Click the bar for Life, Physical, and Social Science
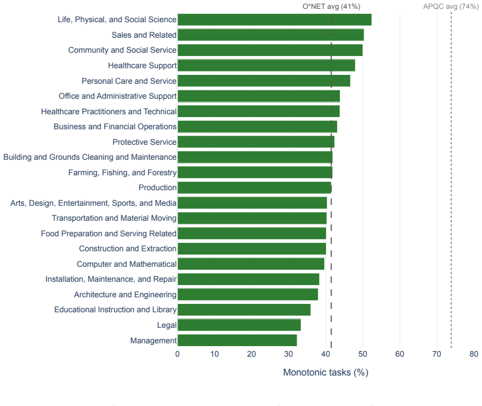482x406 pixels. [274, 19]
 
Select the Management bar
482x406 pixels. [237, 341]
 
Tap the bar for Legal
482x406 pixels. [239, 325]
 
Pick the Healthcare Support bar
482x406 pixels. [266, 65]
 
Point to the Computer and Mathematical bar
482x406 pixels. [251, 264]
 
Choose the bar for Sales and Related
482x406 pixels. [271, 35]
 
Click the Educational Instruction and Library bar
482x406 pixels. [244, 309]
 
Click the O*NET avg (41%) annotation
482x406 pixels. [332, 7]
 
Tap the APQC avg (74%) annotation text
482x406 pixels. [451, 7]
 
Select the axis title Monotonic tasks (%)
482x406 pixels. [325, 373]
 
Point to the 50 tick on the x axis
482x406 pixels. [363, 354]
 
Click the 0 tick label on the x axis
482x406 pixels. [178, 354]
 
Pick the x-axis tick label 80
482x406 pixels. [474, 354]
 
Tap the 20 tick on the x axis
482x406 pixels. [252, 354]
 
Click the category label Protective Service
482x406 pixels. [144, 142]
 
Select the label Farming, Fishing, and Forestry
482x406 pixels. [122, 172]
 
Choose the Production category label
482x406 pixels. [157, 187]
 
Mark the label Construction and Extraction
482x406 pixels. [128, 248]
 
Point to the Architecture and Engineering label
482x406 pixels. [125, 295]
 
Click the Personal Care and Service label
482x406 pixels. [129, 81]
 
